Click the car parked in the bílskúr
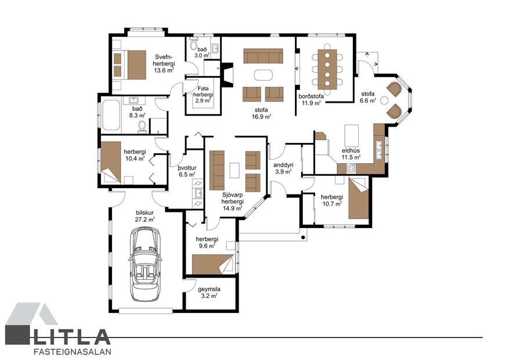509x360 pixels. pos(145,264)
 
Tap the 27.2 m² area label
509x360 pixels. pos(145,219)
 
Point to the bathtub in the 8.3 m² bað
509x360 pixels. pos(110,115)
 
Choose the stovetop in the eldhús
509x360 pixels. pos(351,168)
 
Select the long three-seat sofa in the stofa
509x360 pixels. pos(263,56)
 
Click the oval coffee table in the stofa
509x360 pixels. pos(263,75)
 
